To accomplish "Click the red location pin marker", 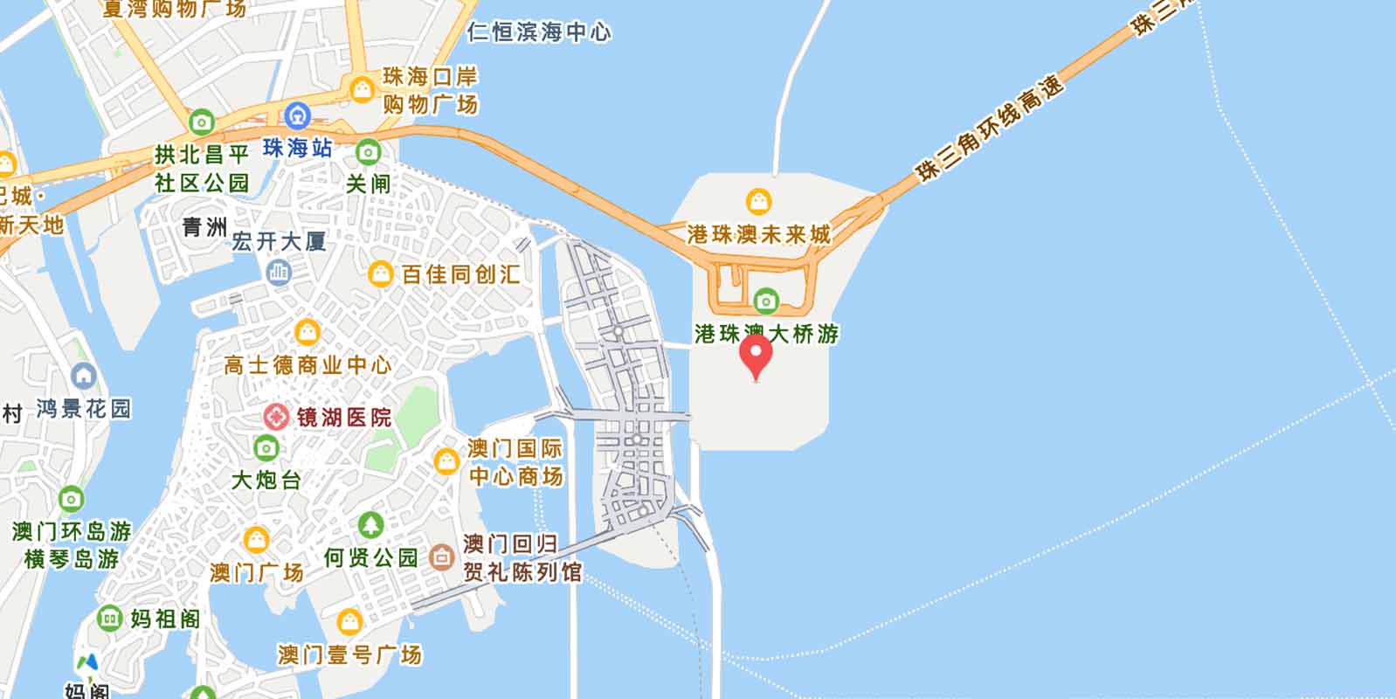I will (x=756, y=355).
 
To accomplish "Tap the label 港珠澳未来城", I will (x=758, y=234).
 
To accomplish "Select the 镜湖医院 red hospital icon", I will (x=277, y=417).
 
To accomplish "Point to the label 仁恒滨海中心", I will (x=539, y=33).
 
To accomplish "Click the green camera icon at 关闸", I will (x=368, y=153).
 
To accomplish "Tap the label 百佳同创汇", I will (x=460, y=274).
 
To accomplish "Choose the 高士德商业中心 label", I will (x=308, y=364).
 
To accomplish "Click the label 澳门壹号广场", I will (x=349, y=654).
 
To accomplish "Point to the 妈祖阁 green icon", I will (x=109, y=619).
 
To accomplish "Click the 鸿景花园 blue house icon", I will (x=84, y=377).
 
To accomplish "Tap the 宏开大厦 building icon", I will (x=279, y=273).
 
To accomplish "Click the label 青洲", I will (x=204, y=227).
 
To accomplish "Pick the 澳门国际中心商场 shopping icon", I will (x=446, y=460).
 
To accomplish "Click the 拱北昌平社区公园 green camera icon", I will (x=202, y=121).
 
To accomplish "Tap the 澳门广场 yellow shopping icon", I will (x=256, y=540).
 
